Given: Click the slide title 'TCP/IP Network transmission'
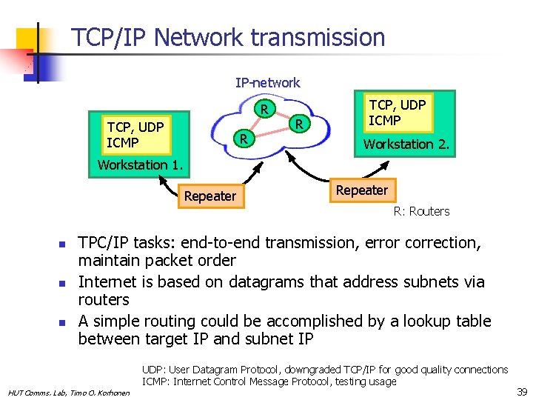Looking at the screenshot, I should pos(228,37).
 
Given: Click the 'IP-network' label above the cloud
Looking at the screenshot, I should pos(267,83).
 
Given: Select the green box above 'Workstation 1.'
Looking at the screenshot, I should pos(135,133).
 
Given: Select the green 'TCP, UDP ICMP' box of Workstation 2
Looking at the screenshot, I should pos(397,113).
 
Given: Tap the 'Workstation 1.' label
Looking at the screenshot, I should pos(139,164).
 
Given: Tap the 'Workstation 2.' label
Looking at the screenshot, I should pos(406,144).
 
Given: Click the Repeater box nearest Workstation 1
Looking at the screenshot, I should pos(209,196).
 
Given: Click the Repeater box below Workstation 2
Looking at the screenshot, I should pos(361,190).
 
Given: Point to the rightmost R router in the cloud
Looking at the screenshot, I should pos(298,123).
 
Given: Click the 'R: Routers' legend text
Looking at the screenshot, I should pos(421,211).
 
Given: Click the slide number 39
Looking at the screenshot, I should pos(521,391).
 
